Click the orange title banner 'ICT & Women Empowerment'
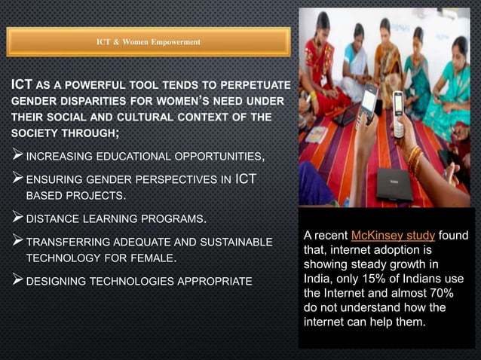(149, 41)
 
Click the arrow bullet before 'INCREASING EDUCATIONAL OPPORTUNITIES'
(17, 157)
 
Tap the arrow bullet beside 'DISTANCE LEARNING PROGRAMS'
(17, 219)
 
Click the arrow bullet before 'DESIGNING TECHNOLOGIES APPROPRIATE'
(17, 282)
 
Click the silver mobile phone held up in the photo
(398, 114)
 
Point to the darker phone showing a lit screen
(368, 102)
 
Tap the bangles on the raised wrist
(414, 160)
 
